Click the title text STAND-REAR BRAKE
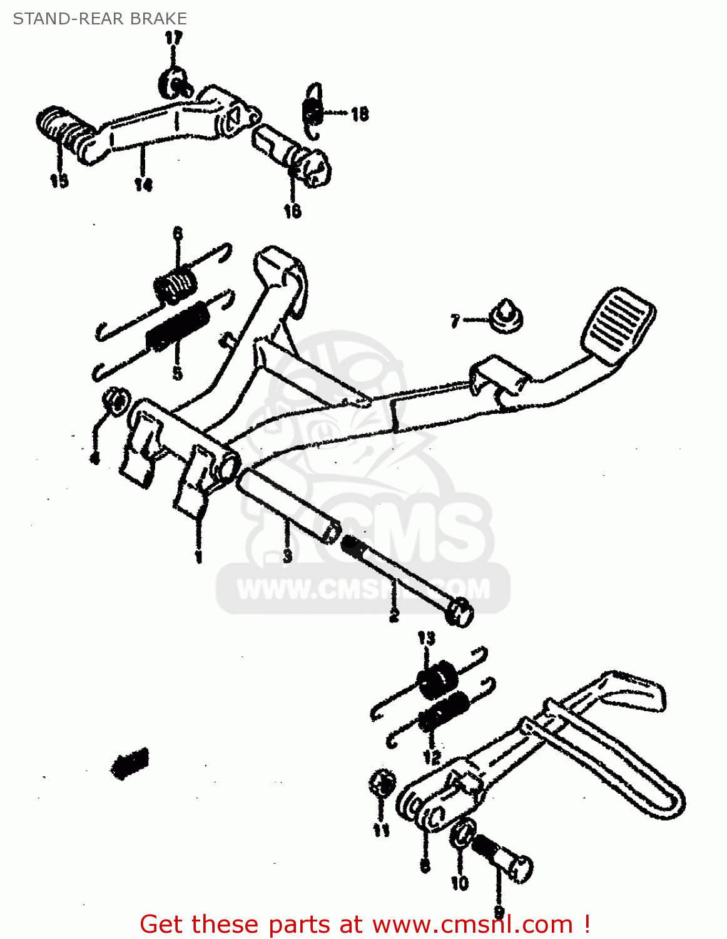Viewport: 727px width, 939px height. (x=100, y=19)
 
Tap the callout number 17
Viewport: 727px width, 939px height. (x=173, y=38)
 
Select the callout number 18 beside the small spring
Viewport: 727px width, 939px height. (x=360, y=114)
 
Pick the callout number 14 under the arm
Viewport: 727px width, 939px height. (x=143, y=185)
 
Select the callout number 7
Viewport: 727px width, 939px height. (x=455, y=321)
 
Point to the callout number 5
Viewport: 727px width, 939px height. (x=178, y=374)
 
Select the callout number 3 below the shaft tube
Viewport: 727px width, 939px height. (x=287, y=555)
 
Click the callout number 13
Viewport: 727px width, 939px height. (x=426, y=639)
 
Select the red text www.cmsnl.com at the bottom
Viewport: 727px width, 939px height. (x=472, y=924)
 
